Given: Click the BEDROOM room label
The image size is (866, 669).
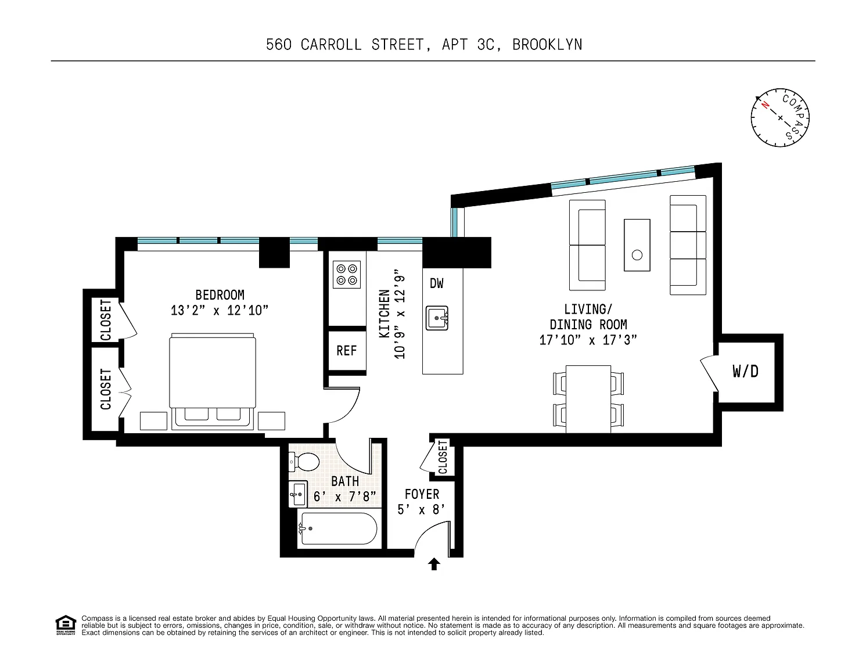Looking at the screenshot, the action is pyautogui.click(x=220, y=295).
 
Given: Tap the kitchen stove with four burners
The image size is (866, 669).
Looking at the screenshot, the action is pyautogui.click(x=346, y=275).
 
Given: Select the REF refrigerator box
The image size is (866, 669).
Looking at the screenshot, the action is pyautogui.click(x=347, y=351).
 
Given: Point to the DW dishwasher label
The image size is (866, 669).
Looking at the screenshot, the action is pyautogui.click(x=437, y=283).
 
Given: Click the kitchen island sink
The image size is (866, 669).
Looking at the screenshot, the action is pyautogui.click(x=437, y=318).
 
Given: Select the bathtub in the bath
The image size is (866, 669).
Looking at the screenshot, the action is pyautogui.click(x=337, y=528).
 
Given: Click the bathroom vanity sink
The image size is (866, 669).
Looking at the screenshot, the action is pyautogui.click(x=298, y=494).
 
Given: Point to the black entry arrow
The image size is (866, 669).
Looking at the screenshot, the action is pyautogui.click(x=434, y=564).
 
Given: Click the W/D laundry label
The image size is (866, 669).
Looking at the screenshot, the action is pyautogui.click(x=745, y=371).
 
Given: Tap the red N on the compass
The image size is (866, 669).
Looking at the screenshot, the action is pyautogui.click(x=765, y=105).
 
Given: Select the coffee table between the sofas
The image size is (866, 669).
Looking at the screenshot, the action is pyautogui.click(x=637, y=245).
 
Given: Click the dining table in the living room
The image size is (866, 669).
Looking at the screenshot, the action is pyautogui.click(x=588, y=399).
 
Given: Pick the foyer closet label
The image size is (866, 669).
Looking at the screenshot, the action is pyautogui.click(x=443, y=457).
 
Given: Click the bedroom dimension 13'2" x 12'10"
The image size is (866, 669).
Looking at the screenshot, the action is pyautogui.click(x=220, y=310).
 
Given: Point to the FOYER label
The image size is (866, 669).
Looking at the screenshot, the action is pyautogui.click(x=422, y=494).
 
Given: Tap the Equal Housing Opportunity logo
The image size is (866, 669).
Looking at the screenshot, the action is pyautogui.click(x=66, y=625).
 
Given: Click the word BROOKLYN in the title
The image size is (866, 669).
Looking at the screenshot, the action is pyautogui.click(x=547, y=45).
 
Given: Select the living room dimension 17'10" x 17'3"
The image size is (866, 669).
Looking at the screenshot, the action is pyautogui.click(x=588, y=340).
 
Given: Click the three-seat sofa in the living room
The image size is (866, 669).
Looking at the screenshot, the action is pyautogui.click(x=688, y=245).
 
